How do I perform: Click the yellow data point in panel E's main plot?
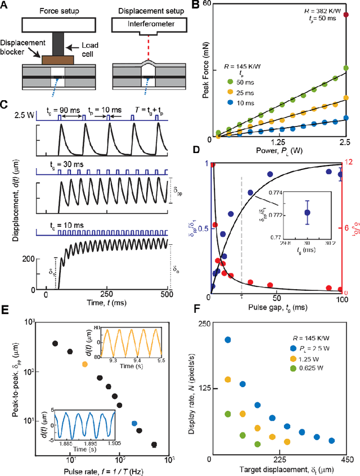[x=85, y=364]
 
